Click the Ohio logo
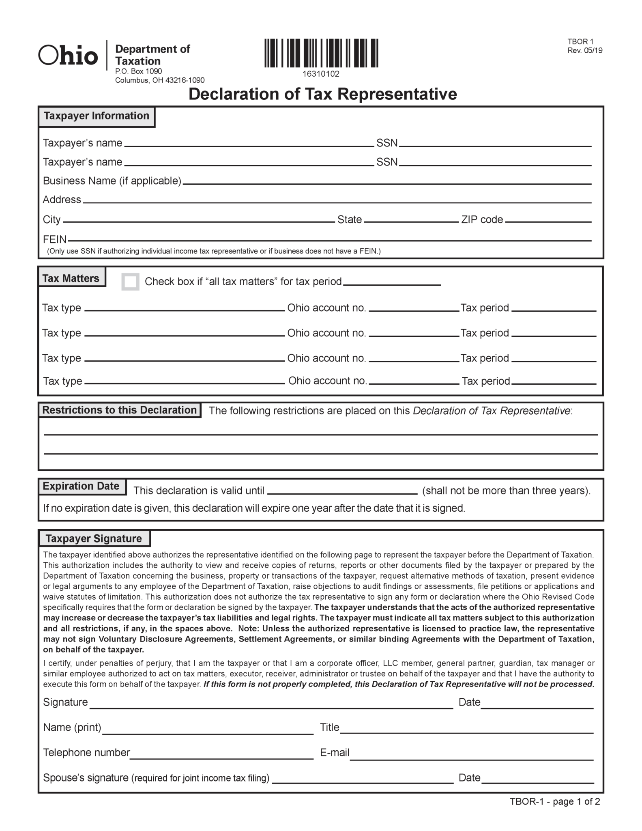pyautogui.click(x=68, y=56)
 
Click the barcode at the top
pyautogui.click(x=321, y=53)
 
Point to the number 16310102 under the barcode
pyautogui.click(x=321, y=74)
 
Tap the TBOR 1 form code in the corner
pyautogui.click(x=580, y=42)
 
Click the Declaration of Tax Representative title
pyautogui.click(x=322, y=94)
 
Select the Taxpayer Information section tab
pyautogui.click(x=97, y=116)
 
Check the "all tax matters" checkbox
pyautogui.click(x=131, y=282)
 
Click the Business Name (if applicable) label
pyautogui.click(x=112, y=181)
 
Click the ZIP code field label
pyautogui.click(x=482, y=220)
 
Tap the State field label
pyautogui.click(x=349, y=220)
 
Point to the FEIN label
pyautogui.click(x=55, y=239)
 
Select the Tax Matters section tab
pyautogui.click(x=71, y=278)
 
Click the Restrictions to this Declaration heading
pyautogui.click(x=119, y=410)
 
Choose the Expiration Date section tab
pyautogui.click(x=81, y=486)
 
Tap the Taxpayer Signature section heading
pyautogui.click(x=94, y=538)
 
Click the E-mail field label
pyautogui.click(x=334, y=753)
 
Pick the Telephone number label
pyautogui.click(x=86, y=753)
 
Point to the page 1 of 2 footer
pyautogui.click(x=555, y=801)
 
